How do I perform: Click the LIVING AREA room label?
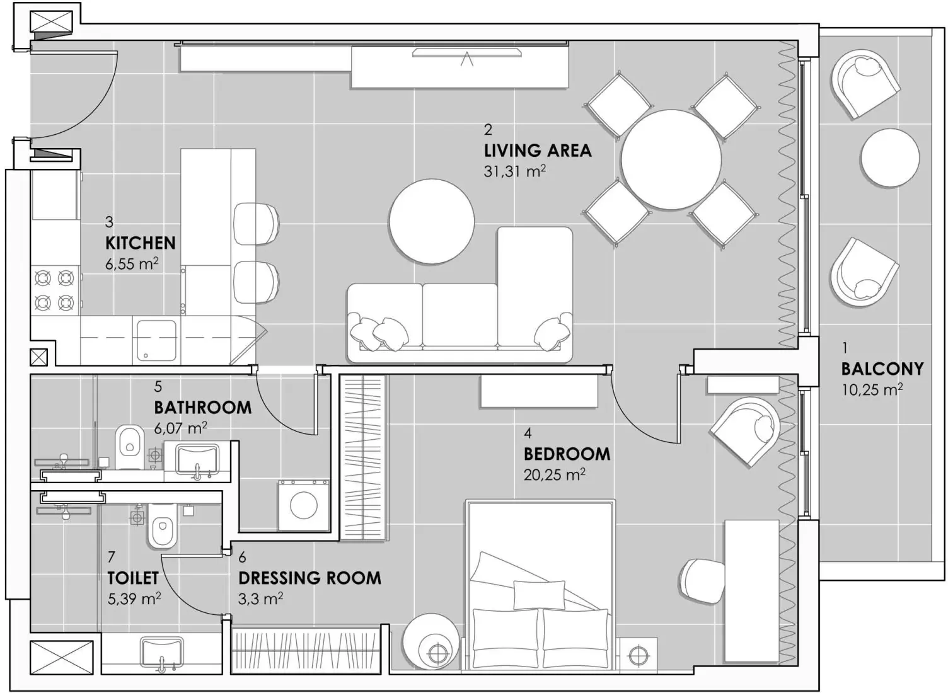538,151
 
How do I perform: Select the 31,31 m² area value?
514,171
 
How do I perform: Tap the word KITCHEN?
140,243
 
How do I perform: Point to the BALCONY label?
882,369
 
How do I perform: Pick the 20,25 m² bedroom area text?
554,474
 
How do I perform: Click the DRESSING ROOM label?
309,578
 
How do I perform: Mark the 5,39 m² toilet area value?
134,598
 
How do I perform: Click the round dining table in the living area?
671,159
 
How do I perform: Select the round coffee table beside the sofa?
432,221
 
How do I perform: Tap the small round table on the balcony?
889,158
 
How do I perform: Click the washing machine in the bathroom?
303,505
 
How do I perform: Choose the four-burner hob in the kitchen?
54,290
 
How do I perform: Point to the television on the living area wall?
466,53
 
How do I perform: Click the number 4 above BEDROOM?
528,433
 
